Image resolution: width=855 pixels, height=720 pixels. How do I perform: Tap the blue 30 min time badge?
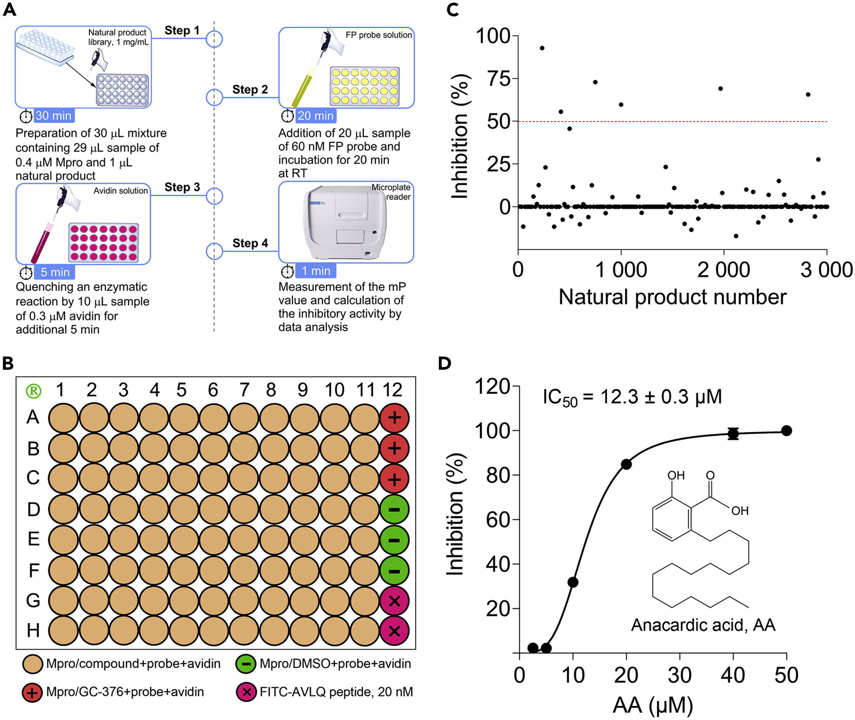click(53, 116)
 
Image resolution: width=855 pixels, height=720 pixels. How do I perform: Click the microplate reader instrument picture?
click(345, 222)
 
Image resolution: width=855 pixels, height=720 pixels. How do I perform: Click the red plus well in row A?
click(394, 418)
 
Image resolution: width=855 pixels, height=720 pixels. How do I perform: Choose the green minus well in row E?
click(394, 540)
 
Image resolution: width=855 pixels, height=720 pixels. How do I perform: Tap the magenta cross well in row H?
click(394, 631)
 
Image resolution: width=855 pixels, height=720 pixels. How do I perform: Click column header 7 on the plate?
click(244, 390)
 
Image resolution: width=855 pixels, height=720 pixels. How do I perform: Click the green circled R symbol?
click(34, 391)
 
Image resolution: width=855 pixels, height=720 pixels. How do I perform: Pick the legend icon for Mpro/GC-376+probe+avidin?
click(32, 692)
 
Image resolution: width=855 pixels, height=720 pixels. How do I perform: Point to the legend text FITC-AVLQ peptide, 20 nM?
click(336, 692)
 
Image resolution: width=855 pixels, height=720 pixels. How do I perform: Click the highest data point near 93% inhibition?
click(542, 48)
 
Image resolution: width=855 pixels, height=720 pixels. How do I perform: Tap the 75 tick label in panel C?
click(499, 79)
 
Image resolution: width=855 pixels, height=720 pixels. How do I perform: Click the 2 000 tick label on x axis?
click(723, 270)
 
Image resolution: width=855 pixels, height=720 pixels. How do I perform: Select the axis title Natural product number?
click(672, 297)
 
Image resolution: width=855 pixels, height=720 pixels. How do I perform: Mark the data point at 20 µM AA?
click(626, 464)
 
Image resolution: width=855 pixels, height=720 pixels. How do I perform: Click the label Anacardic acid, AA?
click(703, 625)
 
